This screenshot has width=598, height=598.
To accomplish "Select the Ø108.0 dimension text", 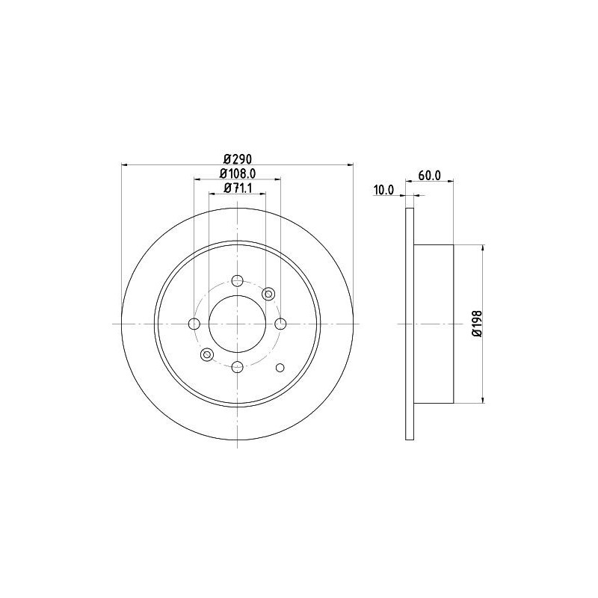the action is point(238,173).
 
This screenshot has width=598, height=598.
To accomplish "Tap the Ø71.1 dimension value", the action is point(238,188).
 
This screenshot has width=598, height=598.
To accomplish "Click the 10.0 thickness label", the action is point(383,190).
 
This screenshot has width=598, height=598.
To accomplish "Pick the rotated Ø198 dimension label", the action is point(477,324).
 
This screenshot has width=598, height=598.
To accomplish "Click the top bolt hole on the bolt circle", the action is point(237,281).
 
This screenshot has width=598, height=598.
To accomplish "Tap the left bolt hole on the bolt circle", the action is point(194,324).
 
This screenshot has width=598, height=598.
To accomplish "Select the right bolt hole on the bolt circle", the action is point(281,324).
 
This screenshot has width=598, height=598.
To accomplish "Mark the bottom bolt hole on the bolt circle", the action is point(237,367).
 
